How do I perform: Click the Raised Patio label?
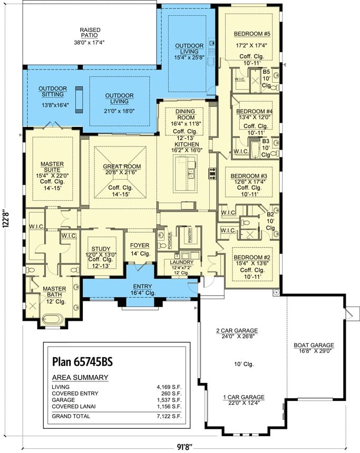[90, 33]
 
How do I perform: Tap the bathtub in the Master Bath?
[53, 319]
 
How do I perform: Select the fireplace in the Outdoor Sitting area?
[79, 100]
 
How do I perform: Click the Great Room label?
[122, 166]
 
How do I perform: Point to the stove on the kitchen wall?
[212, 174]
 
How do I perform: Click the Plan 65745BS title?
[82, 361]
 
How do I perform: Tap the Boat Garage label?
[314, 345]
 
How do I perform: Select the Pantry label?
[190, 235]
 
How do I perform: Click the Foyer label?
[140, 245]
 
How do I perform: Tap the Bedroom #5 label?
[252, 34]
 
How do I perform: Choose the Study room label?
[101, 249]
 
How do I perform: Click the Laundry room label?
[182, 262]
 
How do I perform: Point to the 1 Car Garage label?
[244, 397]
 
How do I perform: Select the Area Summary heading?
[80, 377]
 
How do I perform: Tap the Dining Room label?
[186, 114]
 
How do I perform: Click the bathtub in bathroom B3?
[255, 150]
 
